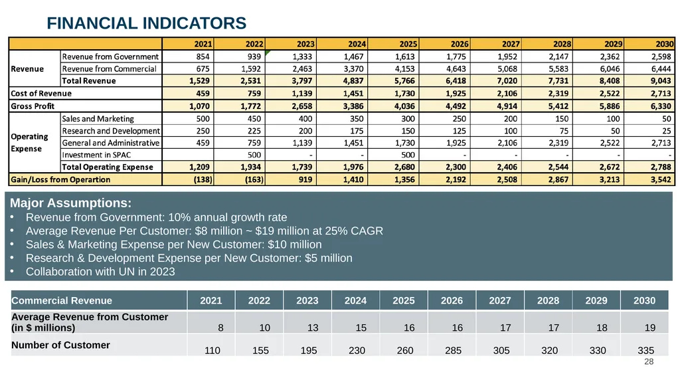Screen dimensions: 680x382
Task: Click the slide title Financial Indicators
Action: click(147, 23)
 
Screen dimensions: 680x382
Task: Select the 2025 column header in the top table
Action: click(408, 44)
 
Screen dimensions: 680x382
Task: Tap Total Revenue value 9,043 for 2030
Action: click(661, 81)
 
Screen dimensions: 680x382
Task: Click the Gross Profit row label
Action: click(33, 106)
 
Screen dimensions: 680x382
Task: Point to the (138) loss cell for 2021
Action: click(203, 179)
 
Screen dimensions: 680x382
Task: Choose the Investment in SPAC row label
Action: click(96, 155)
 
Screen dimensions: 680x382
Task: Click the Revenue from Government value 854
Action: click(203, 56)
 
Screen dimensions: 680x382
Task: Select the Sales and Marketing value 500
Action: click(203, 118)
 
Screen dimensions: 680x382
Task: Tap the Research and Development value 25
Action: click(667, 131)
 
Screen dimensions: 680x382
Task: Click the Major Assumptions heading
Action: click(70, 203)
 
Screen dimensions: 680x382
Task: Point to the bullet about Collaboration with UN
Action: click(100, 272)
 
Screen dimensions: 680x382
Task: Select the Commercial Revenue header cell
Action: click(62, 300)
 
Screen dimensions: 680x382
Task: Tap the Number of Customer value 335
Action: click(645, 350)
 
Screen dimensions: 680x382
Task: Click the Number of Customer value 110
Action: click(212, 350)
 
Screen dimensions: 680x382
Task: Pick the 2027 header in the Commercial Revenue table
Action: click(500, 300)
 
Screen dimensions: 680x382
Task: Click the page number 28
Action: click(649, 361)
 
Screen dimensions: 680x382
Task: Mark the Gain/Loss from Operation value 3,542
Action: click(661, 179)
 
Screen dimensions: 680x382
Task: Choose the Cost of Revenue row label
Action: click(41, 93)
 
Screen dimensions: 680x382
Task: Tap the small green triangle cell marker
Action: click(267, 52)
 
